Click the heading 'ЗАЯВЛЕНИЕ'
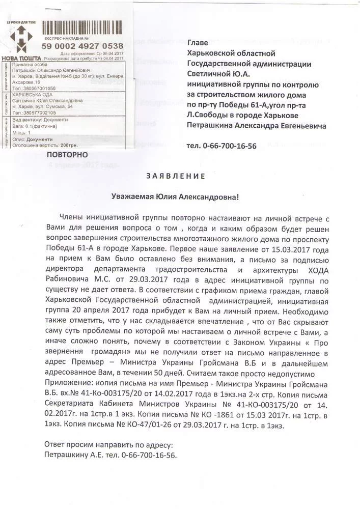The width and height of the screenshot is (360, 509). point(176,177)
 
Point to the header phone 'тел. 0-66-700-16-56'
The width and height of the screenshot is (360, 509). point(221,146)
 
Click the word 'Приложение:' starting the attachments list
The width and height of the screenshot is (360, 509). point(68,382)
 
